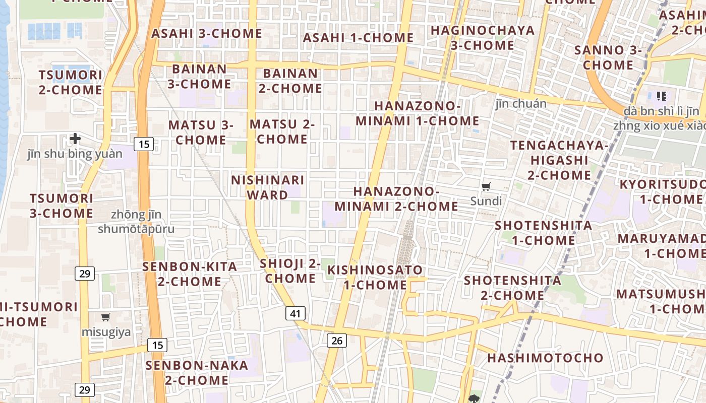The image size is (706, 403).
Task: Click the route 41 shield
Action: tap(295, 313)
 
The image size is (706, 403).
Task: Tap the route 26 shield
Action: tap(337, 341)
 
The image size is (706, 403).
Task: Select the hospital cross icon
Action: tap(75, 139)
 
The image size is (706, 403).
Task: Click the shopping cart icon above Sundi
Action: tap(486, 187)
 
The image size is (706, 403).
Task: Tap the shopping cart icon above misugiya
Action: tap(106, 317)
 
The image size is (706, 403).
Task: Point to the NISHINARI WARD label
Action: tap(267, 187)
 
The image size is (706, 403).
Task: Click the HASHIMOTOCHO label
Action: tap(545, 358)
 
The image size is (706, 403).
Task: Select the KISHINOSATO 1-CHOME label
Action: tap(375, 278)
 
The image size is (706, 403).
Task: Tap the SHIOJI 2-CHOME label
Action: tap(290, 271)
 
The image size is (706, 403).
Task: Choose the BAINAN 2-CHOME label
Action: tap(290, 81)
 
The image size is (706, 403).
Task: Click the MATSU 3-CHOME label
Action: tap(201, 132)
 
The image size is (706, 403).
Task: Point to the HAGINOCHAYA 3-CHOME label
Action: tap(483, 38)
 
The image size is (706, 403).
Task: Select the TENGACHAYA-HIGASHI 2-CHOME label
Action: tap(559, 160)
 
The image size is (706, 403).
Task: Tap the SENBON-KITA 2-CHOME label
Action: tap(190, 274)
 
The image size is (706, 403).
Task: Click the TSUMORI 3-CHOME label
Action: tap(61, 206)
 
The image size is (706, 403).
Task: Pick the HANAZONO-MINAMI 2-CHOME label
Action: tap(396, 199)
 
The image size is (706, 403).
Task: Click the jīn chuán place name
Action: tap(521, 104)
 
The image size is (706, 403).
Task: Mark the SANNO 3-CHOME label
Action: tap(608, 57)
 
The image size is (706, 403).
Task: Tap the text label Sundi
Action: tap(486, 201)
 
